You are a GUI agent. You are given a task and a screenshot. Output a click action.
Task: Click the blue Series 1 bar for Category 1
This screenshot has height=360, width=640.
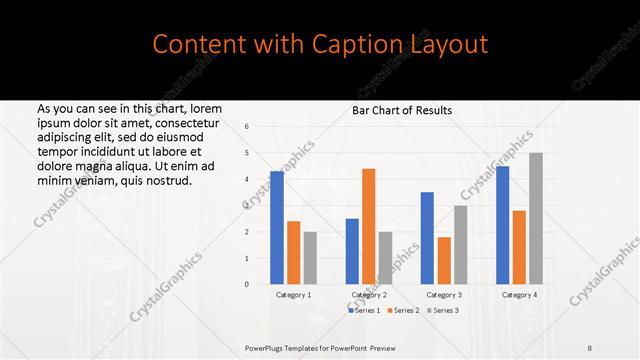[x=277, y=228]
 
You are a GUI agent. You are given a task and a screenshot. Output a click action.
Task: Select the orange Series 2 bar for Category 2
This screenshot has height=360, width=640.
[x=368, y=227]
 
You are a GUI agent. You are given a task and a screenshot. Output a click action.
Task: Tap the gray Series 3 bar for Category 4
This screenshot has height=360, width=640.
[x=535, y=219]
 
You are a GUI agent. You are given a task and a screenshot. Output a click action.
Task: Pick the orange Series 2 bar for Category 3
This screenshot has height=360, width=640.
[x=443, y=261]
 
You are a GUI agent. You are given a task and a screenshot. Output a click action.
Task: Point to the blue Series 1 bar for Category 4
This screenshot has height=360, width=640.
[x=503, y=225]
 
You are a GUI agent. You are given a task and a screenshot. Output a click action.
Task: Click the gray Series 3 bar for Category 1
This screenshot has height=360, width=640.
[x=310, y=258]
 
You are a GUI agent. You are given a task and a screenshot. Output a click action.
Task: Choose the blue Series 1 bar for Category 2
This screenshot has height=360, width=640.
[x=352, y=251]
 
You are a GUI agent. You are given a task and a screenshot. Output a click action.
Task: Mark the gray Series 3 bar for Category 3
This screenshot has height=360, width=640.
[x=460, y=245]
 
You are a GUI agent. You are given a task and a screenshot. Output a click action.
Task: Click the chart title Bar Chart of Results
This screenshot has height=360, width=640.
[x=402, y=110]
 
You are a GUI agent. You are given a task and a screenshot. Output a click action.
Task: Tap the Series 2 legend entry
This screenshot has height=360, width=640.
[x=403, y=311]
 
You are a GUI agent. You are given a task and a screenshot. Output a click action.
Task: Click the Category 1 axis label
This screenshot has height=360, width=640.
[x=293, y=295]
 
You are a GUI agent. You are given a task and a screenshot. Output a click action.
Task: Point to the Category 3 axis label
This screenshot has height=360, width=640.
[x=444, y=295]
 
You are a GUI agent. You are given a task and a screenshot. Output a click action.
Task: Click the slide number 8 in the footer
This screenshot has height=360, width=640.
[x=590, y=347]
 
